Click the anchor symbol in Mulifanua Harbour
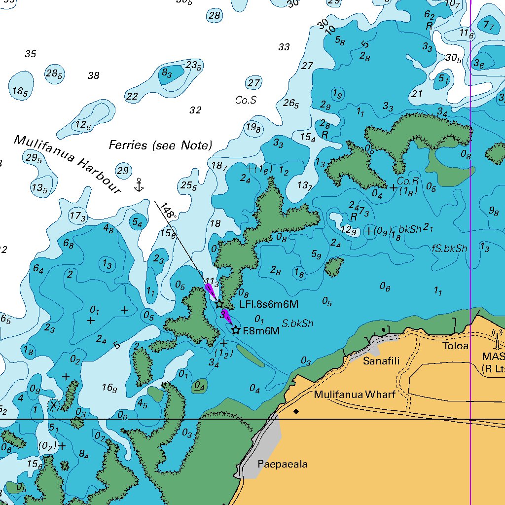point(139,185)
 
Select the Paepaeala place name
point(282,465)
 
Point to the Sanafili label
point(381,361)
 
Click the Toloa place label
point(455,346)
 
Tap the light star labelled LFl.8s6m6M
point(219,304)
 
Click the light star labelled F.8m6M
point(236,330)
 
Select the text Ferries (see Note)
point(160,145)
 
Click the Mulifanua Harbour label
point(67,164)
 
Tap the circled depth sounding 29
point(123,171)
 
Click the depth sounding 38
point(93,75)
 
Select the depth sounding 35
point(30,54)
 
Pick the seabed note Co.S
point(246,100)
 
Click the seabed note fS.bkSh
point(449,249)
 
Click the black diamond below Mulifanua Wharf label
point(296,411)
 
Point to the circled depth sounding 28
point(214,15)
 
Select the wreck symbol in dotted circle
point(53,405)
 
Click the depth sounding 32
point(195,110)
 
